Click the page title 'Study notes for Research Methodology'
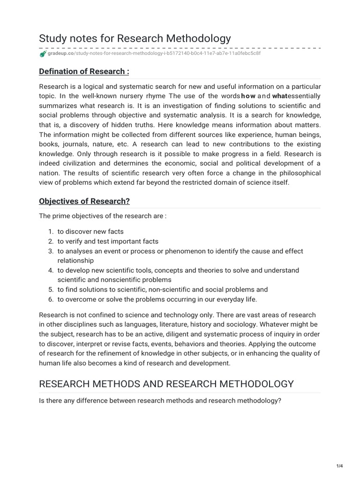tap(135, 38)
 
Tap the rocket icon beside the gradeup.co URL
tap(43, 54)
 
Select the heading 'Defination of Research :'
tap(84, 71)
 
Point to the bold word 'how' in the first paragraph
tap(248, 96)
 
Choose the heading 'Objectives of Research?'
tap(84, 201)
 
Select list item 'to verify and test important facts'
tap(108, 241)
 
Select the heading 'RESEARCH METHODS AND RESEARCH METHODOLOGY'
tap(166, 384)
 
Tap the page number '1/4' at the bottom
tap(340, 465)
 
